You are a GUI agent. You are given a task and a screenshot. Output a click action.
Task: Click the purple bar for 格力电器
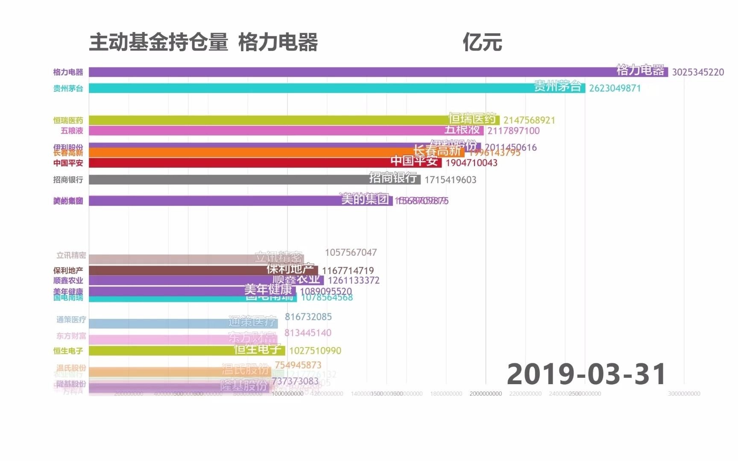(x=342, y=72)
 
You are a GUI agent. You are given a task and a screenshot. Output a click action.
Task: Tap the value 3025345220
(x=698, y=72)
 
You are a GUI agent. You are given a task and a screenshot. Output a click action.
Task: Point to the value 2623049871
(x=615, y=88)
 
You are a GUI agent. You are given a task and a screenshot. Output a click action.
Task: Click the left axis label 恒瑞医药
(x=68, y=120)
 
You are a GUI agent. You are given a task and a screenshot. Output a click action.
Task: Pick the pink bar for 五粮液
(x=256, y=131)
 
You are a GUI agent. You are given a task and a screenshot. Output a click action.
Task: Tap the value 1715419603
(x=450, y=180)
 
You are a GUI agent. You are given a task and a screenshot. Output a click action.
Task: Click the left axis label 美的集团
(x=68, y=201)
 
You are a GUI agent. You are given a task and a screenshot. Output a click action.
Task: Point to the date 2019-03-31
(x=586, y=374)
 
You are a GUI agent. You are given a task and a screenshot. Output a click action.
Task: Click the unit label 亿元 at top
(x=482, y=43)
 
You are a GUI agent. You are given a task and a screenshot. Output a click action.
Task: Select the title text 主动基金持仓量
(x=158, y=43)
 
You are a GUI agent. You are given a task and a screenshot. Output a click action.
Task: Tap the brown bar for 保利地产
(x=171, y=271)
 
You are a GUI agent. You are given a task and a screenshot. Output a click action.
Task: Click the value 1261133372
(x=354, y=280)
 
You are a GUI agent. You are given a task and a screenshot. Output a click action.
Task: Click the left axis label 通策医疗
(x=71, y=320)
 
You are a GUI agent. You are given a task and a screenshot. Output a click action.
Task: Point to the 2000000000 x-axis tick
(x=486, y=394)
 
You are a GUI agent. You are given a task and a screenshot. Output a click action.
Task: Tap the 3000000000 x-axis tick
(x=684, y=394)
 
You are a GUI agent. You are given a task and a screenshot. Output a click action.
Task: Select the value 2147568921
(x=529, y=120)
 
